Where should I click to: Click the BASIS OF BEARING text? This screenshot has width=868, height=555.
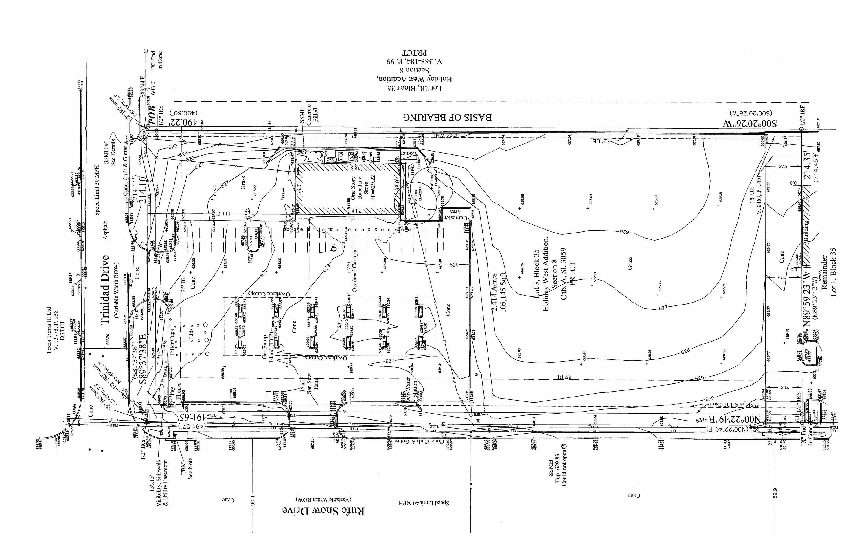click(447, 117)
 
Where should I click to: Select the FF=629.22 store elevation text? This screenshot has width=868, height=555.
click(374, 187)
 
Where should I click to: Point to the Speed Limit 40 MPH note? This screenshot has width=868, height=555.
click(424, 503)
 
